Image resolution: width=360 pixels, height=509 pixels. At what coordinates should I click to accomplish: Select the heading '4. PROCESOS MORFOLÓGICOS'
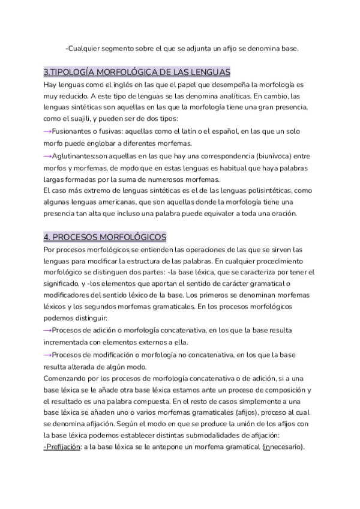pyautogui.click(x=105, y=237)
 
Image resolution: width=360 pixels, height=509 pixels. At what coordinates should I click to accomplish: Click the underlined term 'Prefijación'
pyautogui.click(x=64, y=447)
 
